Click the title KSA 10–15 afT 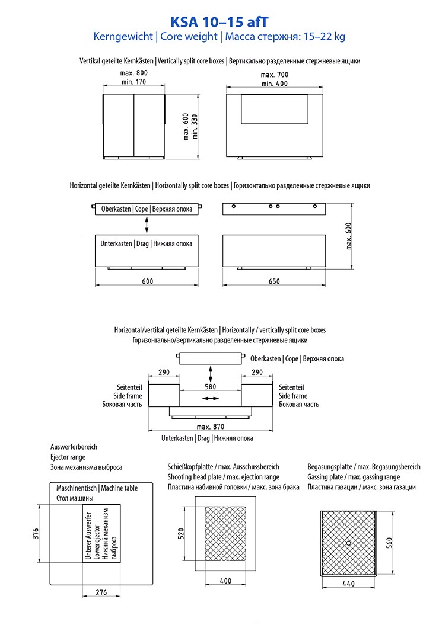pyautogui.click(x=220, y=22)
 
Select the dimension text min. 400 pyautogui.click(x=274, y=84)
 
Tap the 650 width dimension pyautogui.click(x=274, y=281)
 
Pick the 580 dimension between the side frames pyautogui.click(x=211, y=386)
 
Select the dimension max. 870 pyautogui.click(x=211, y=427)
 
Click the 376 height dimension pyautogui.click(x=36, y=533)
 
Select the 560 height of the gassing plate pyautogui.click(x=389, y=542)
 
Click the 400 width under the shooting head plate pyautogui.click(x=225, y=581)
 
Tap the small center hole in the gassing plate pyautogui.click(x=348, y=542)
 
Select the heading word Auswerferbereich pyautogui.click(x=74, y=447)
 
